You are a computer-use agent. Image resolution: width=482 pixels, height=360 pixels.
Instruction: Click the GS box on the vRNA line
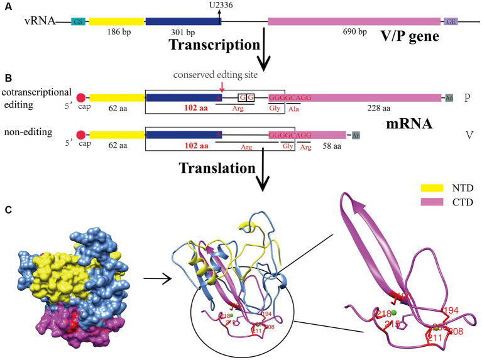click(x=79, y=21)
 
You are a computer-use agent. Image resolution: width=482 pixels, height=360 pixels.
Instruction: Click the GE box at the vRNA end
click(x=451, y=21)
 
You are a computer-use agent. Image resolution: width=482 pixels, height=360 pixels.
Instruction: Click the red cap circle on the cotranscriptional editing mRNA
click(x=81, y=98)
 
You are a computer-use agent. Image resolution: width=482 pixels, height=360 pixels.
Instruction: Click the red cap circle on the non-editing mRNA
click(x=81, y=134)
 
